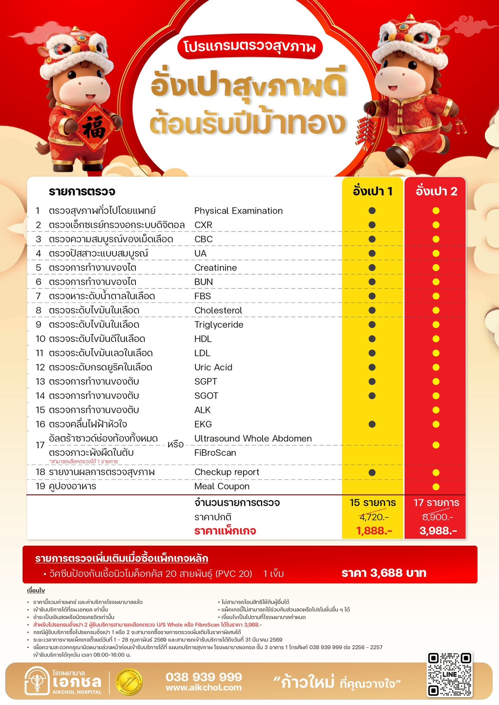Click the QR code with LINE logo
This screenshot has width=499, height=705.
(x=449, y=674)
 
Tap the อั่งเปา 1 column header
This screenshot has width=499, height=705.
(x=372, y=191)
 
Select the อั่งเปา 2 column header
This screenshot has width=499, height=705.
(x=436, y=191)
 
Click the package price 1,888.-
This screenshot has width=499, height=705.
(x=374, y=531)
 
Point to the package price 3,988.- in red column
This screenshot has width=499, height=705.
(x=438, y=531)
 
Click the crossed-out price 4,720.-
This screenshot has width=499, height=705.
(x=374, y=517)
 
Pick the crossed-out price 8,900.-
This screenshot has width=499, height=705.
(x=437, y=517)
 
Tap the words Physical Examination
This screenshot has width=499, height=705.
(x=238, y=211)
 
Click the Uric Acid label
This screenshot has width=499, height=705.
(x=213, y=367)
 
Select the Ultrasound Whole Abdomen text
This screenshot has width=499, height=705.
(x=253, y=439)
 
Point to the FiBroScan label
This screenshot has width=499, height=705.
(x=215, y=453)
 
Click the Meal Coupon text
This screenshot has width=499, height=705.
(x=222, y=486)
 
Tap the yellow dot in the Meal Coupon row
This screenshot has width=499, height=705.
(x=436, y=487)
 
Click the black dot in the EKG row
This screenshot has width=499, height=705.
(x=372, y=424)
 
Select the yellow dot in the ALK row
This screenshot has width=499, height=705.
(x=436, y=410)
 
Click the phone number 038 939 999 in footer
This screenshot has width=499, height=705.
(x=204, y=677)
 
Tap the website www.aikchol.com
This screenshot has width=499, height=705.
(x=204, y=688)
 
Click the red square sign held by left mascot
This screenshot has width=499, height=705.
(x=95, y=128)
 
